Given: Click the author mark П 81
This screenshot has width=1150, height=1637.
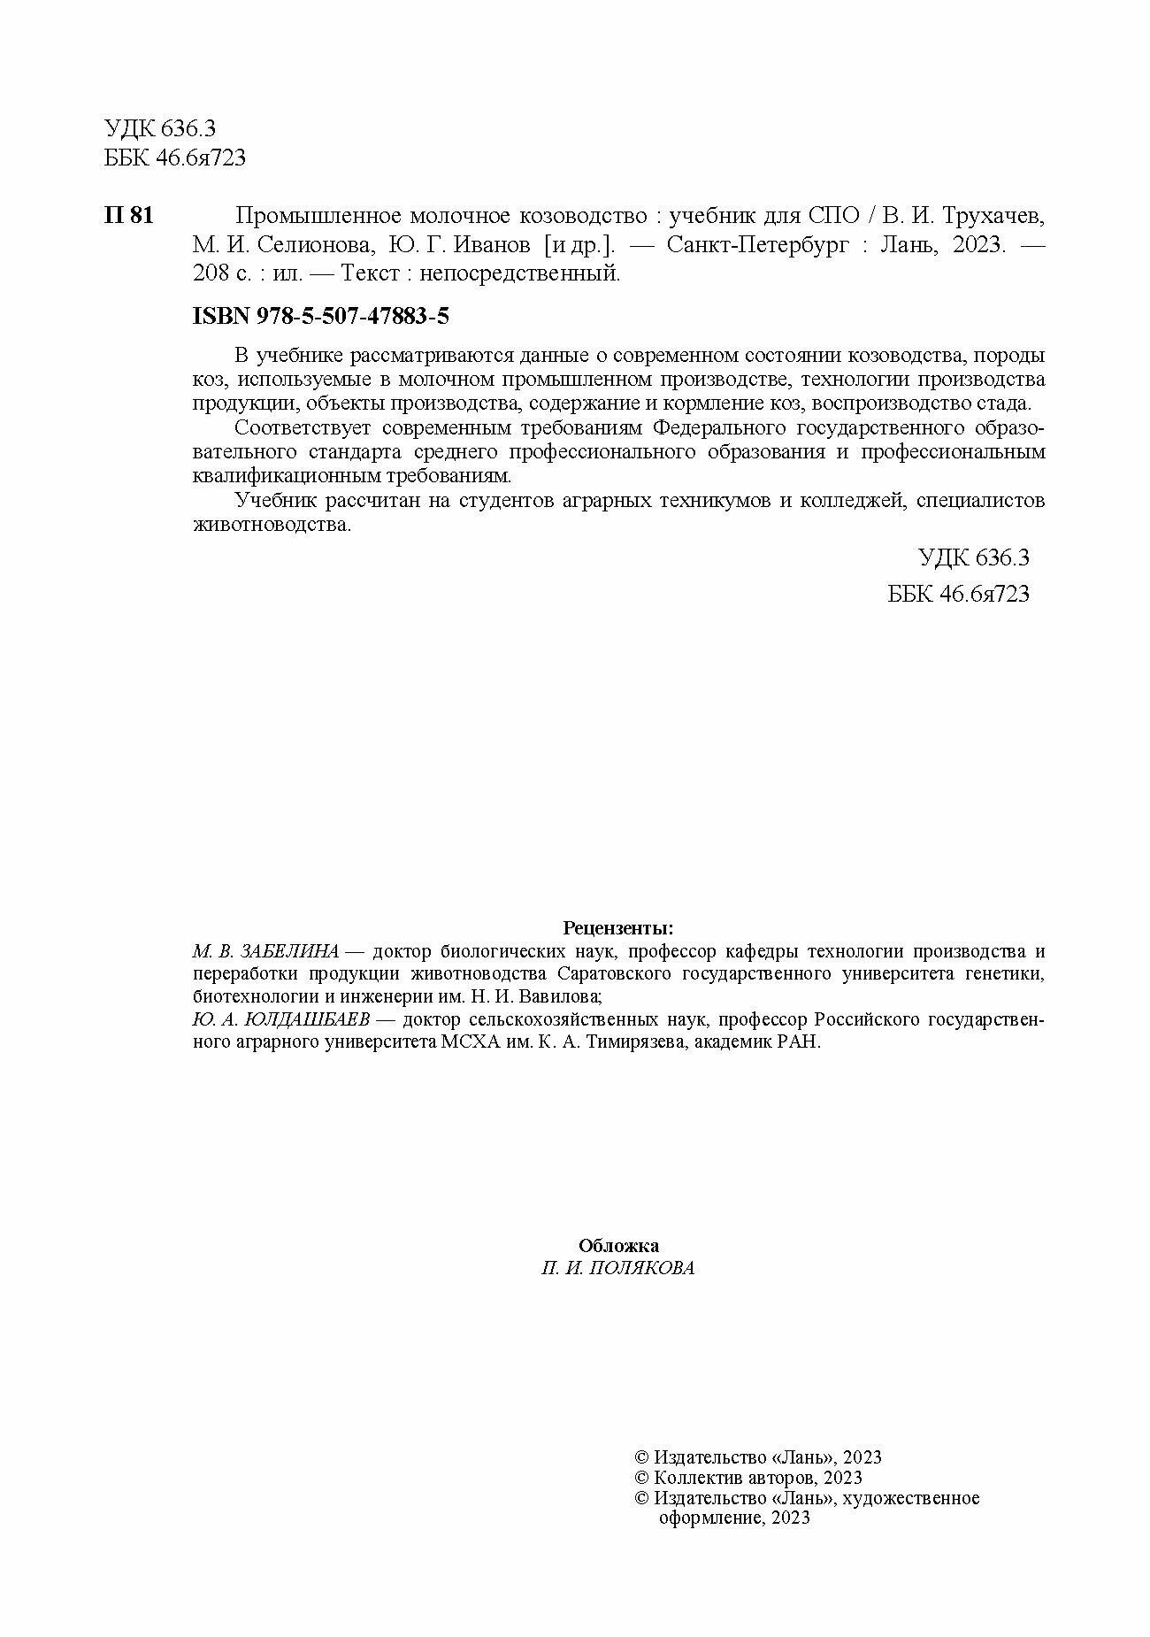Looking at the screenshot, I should point(129,216).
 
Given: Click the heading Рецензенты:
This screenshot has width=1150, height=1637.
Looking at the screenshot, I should point(618,928).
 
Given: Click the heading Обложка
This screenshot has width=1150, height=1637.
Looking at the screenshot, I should point(618,1246).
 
